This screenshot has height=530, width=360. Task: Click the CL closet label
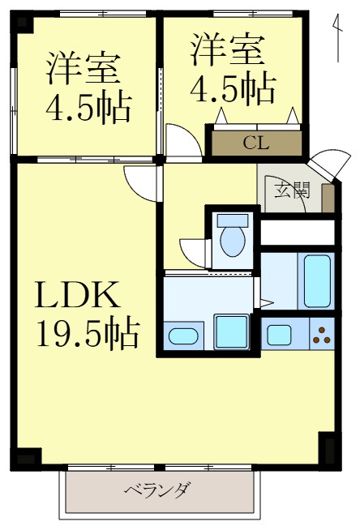(x=256, y=143)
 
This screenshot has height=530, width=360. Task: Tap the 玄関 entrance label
(x=291, y=191)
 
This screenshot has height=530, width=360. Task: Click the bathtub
(x=317, y=281)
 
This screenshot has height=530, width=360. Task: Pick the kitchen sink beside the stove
(x=281, y=333)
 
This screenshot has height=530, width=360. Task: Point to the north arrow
(x=336, y=36)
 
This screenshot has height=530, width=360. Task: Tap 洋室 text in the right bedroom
(x=229, y=50)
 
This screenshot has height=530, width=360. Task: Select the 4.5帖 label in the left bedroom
(x=89, y=107)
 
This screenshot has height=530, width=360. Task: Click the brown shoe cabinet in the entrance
(x=327, y=199)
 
